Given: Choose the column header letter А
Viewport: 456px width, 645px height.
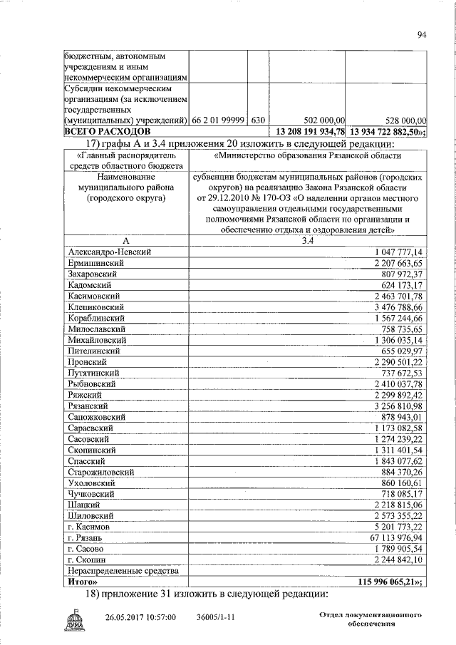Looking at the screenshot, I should click(x=125, y=240).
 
